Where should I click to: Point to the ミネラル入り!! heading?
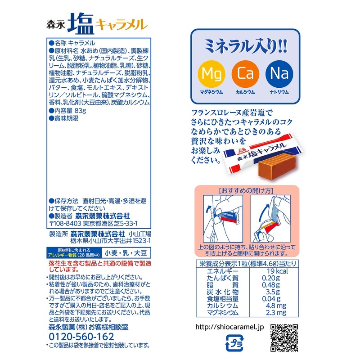click(246, 45)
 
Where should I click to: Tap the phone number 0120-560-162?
click(81, 337)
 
